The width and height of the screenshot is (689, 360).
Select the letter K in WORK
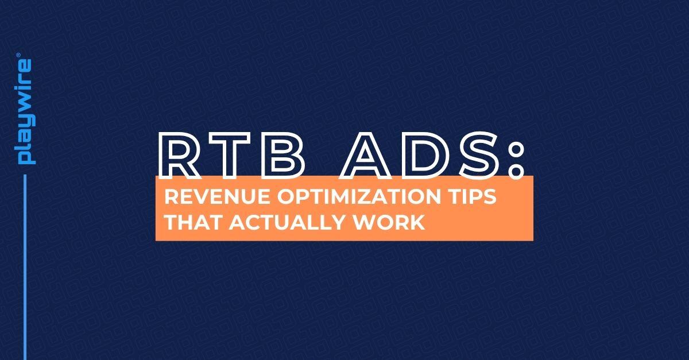pyautogui.click(x=417, y=222)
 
